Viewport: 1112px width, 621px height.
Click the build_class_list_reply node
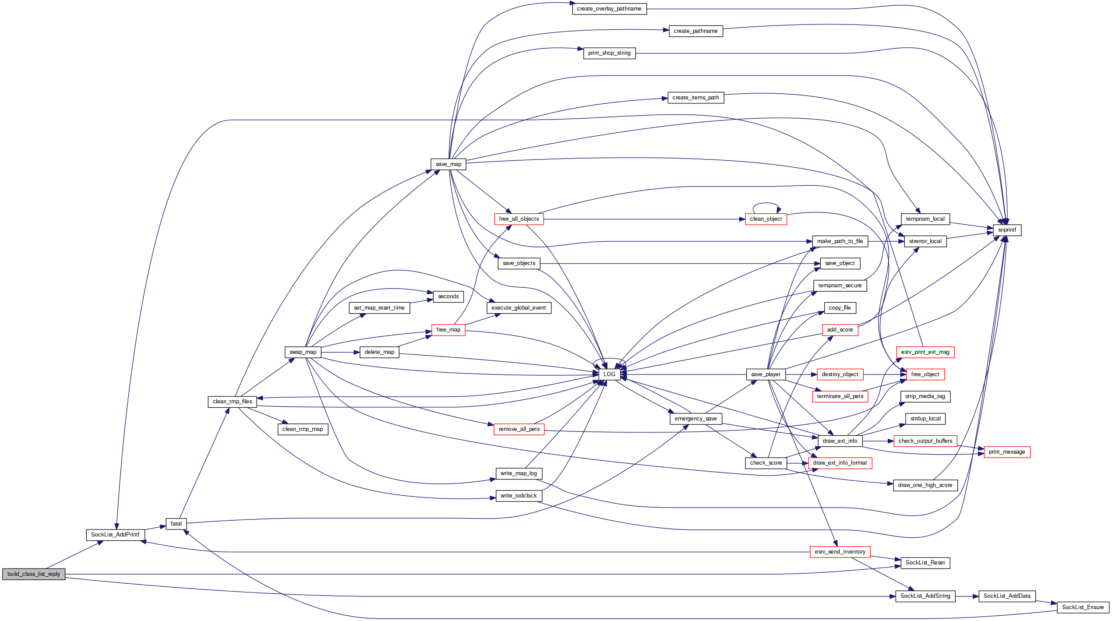[x=34, y=574]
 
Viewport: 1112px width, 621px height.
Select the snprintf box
[x=1007, y=230]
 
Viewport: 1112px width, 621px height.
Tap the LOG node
[x=609, y=374]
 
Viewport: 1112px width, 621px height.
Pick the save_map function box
[x=448, y=164]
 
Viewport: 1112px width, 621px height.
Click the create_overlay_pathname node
[x=609, y=9]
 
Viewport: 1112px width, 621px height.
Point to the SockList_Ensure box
[x=1083, y=607]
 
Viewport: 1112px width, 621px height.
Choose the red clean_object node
[x=766, y=219]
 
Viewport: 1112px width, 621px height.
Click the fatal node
[x=176, y=524]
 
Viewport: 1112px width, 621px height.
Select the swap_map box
[x=303, y=352]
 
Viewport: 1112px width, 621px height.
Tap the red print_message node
[x=1006, y=452]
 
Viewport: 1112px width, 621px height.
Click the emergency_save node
[x=695, y=419]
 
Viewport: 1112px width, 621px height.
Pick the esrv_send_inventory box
[x=840, y=552]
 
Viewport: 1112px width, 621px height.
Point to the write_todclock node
[x=519, y=496]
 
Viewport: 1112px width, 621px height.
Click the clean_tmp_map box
[x=303, y=429]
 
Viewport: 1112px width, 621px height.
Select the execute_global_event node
[x=519, y=308]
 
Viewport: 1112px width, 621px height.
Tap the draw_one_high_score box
[x=925, y=485]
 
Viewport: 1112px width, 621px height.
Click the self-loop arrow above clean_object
[x=766, y=204]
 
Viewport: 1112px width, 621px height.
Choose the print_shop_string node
[x=609, y=53]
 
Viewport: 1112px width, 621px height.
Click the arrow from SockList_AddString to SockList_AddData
[x=967, y=596]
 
